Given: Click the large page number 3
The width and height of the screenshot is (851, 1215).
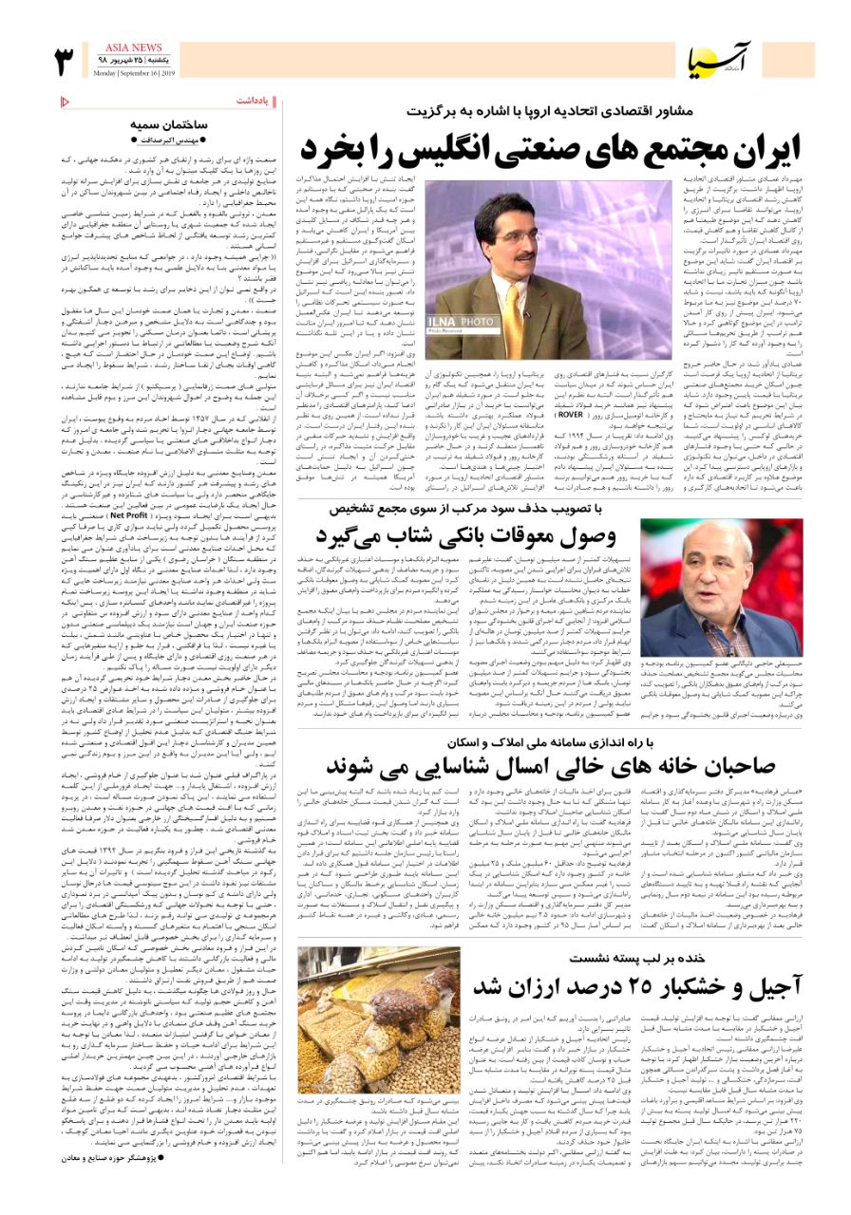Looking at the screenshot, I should pyautogui.click(x=65, y=61).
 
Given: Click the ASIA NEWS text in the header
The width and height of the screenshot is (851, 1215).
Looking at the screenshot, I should pyautogui.click(x=133, y=47).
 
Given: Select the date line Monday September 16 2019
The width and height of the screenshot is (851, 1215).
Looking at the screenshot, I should pyautogui.click(x=133, y=73).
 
